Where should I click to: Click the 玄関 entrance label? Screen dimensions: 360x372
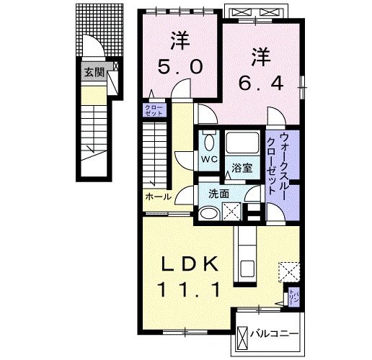coord(93,72)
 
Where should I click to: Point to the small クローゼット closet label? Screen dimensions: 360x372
coord(154,110)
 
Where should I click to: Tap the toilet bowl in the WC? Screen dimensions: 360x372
coord(208,141)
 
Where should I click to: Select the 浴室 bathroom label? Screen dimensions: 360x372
coord(242,168)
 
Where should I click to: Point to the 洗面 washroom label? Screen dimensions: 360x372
coord(218,194)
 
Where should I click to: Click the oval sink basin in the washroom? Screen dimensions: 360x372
coord(208,213)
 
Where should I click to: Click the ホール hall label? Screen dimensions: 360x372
coord(158,197)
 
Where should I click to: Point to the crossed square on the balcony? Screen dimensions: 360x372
coord(244,334)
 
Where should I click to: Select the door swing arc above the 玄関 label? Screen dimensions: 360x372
coord(92,47)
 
